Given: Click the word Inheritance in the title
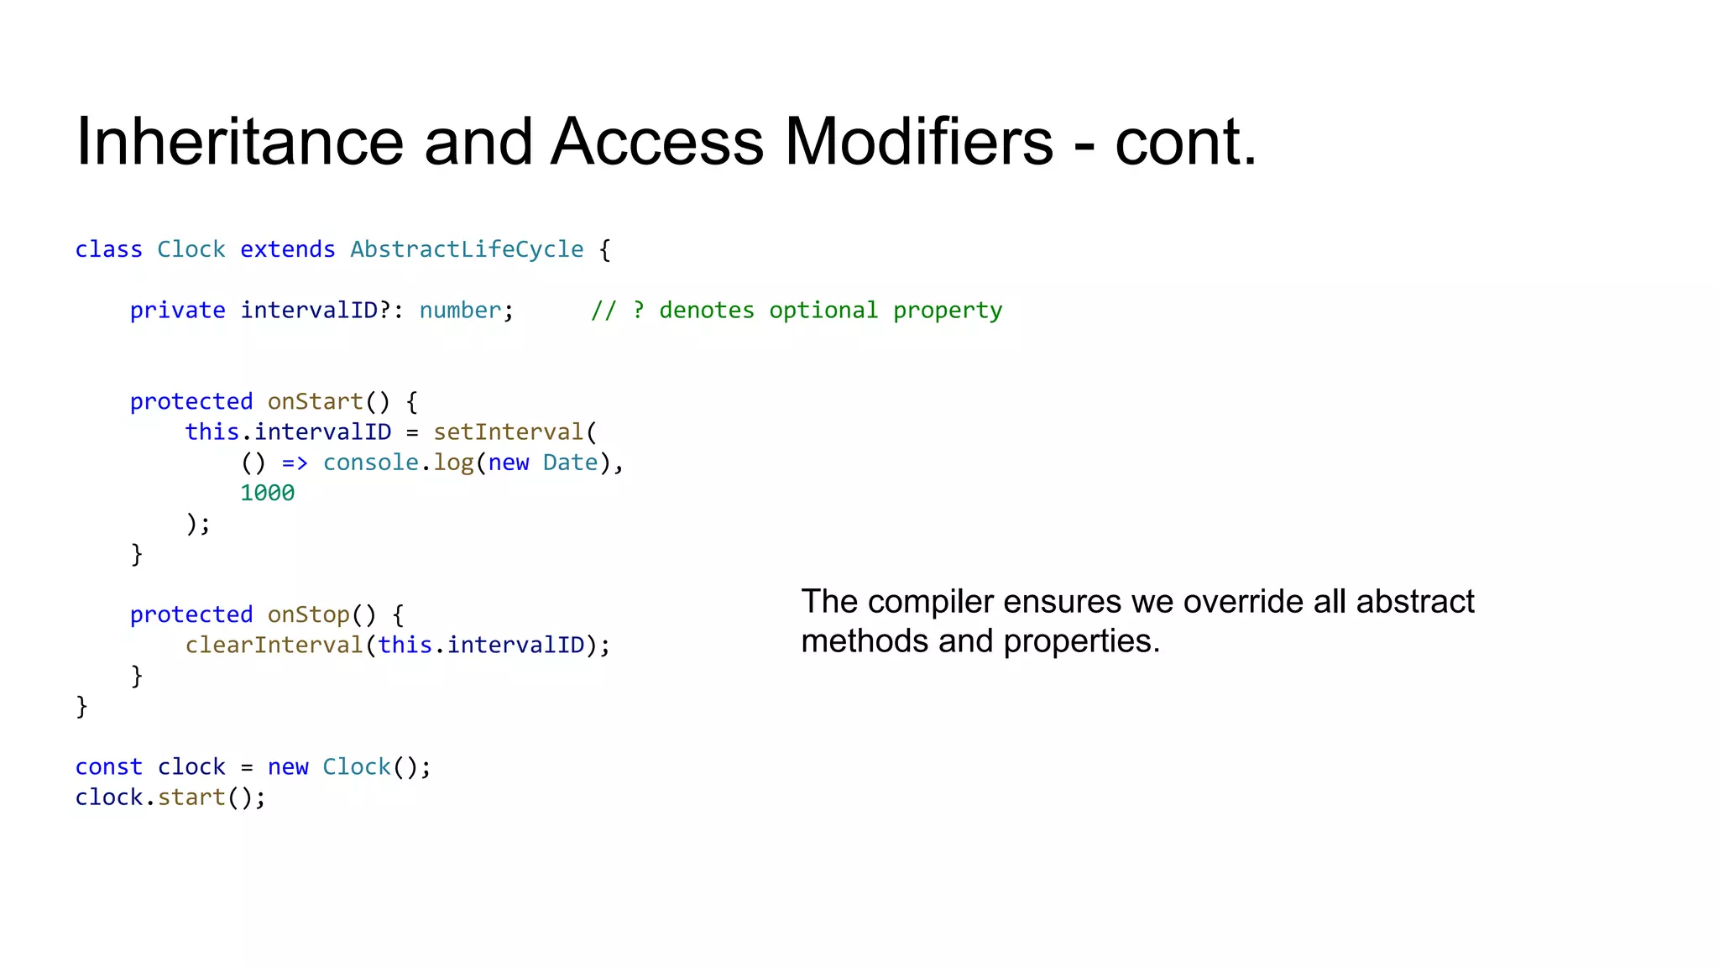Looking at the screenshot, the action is [239, 142].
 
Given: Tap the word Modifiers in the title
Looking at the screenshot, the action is [918, 142].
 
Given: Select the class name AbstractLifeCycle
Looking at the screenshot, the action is [467, 249].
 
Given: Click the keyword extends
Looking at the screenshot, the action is [287, 249].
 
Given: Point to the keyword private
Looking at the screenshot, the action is [177, 311].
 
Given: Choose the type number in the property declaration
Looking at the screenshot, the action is [460, 311].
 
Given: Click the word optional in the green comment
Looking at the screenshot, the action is [823, 311].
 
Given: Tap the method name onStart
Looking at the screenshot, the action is [315, 401].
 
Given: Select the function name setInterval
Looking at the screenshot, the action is [508, 432].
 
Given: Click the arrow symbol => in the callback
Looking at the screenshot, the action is [295, 463].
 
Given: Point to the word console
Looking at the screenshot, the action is [370, 463].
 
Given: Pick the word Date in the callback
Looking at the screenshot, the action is [570, 463].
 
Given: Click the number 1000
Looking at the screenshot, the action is [267, 493].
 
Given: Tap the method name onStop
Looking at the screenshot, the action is [308, 614].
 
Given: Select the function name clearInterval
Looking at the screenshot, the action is [274, 645].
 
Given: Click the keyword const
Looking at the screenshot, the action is [108, 767].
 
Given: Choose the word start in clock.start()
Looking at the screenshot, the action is [191, 797].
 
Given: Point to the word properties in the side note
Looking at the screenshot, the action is [1081, 642].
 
